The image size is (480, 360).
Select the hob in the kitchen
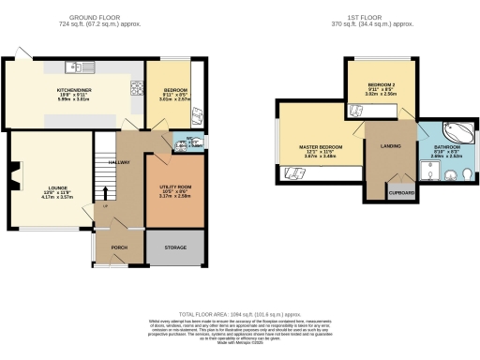[137, 91]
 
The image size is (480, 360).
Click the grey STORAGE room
[173, 247]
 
